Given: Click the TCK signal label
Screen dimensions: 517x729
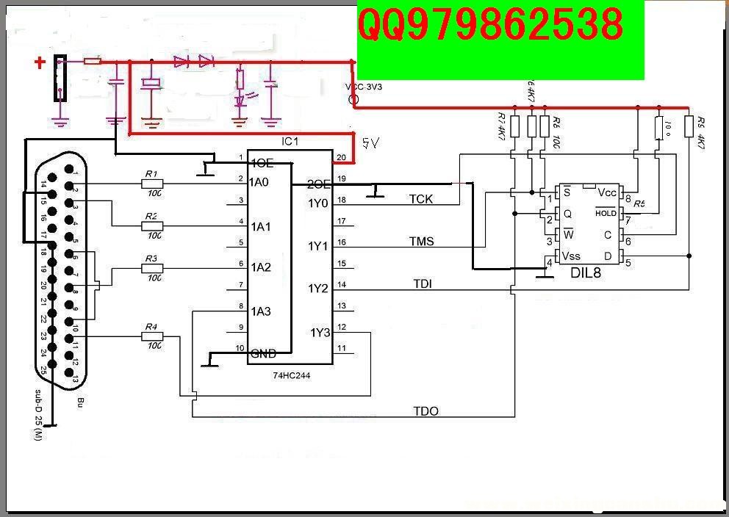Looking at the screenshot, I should click(421, 199).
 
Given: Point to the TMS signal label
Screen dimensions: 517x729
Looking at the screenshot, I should click(421, 241).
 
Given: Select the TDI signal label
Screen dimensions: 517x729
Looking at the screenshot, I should click(422, 283).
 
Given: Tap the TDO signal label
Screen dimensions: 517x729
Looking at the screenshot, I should click(425, 411).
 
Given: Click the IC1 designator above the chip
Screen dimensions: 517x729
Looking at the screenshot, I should click(291, 140).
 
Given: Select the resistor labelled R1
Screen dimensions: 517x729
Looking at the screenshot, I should click(152, 184).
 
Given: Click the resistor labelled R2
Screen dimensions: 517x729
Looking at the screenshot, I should click(152, 226).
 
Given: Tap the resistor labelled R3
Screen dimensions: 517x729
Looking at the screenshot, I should click(152, 269).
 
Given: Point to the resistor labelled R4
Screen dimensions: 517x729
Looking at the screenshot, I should click(152, 336).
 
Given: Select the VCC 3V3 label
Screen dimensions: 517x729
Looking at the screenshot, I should click(364, 87).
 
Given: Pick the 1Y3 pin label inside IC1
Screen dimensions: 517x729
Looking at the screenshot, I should click(320, 333).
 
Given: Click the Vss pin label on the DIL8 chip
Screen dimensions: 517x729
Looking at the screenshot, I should click(572, 256).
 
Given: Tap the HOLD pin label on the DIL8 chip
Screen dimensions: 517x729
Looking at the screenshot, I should click(606, 213).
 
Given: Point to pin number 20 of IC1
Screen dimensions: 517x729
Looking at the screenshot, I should click(340, 157).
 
